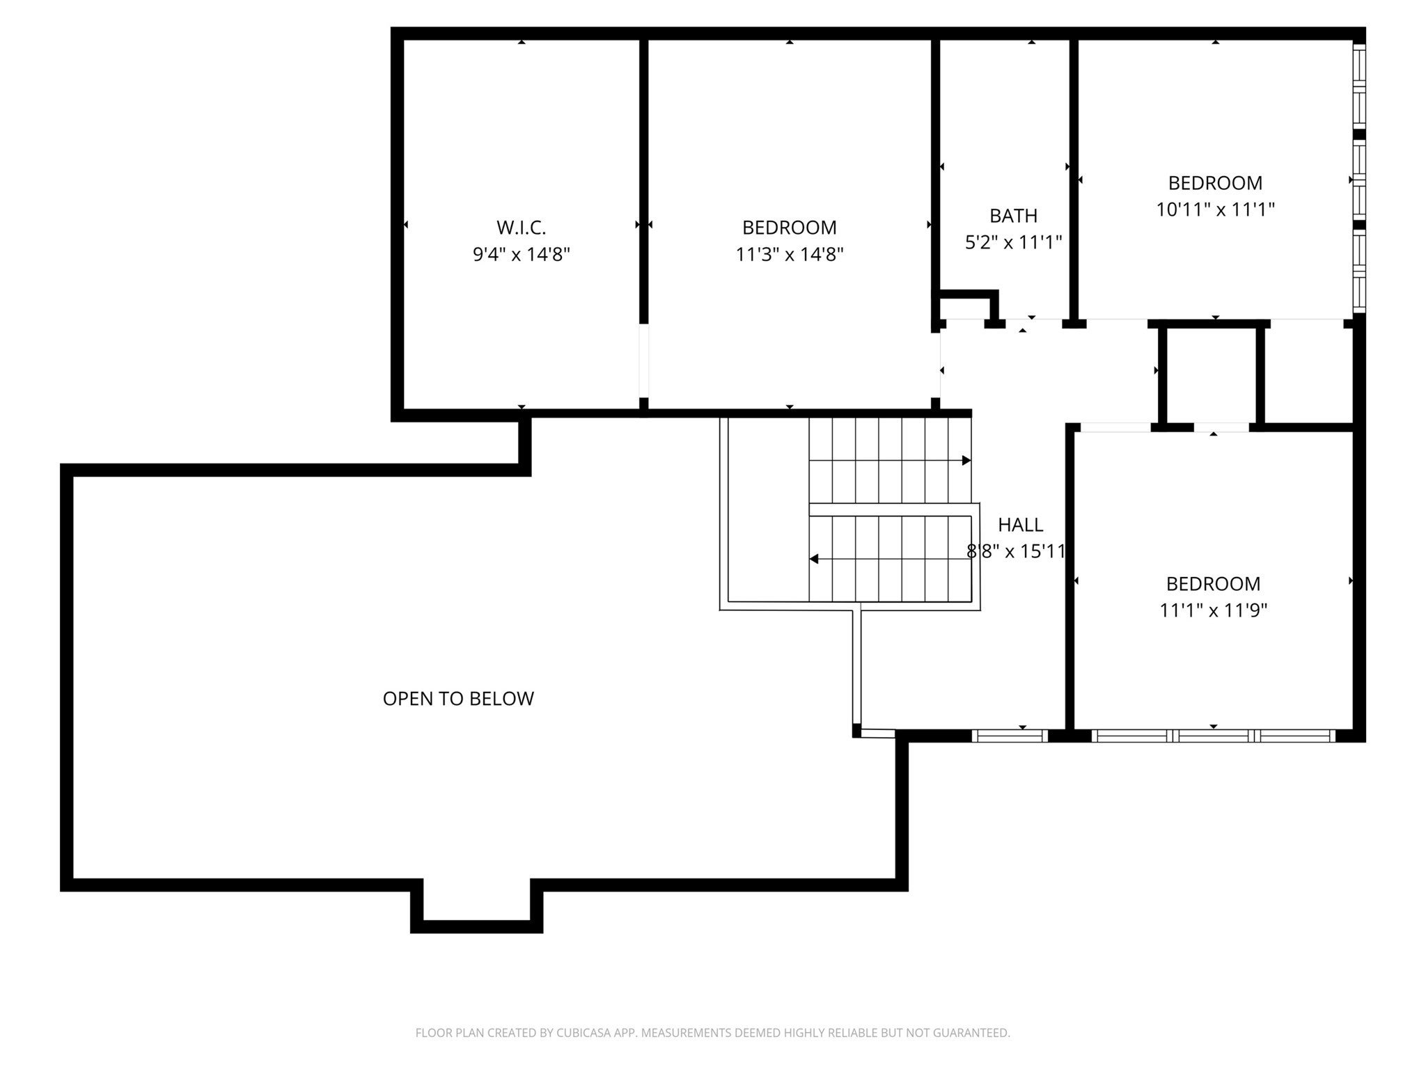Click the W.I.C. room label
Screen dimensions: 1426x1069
click(521, 228)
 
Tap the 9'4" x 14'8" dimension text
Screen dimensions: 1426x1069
click(521, 255)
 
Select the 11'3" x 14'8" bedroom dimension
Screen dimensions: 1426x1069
click(790, 255)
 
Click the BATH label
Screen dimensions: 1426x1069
click(1013, 216)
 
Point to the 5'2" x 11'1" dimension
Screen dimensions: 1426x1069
click(1013, 242)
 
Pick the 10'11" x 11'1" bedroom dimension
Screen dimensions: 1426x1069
click(1215, 209)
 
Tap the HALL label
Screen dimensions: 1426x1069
click(1020, 525)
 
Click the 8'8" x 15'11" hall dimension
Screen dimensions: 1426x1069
click(1017, 552)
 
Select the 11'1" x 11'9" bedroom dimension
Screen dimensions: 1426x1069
click(1213, 610)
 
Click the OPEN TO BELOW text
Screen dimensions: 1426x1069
click(458, 699)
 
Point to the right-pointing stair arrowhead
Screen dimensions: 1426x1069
click(966, 461)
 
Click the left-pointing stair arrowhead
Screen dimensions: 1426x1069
click(813, 559)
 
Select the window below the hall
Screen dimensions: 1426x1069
click(1010, 736)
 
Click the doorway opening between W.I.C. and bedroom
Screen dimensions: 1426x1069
click(644, 361)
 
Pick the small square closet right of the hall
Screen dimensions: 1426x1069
click(1211, 375)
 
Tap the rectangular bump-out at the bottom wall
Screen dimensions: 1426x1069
click(476, 908)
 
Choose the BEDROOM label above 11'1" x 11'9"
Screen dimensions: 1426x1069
click(1213, 584)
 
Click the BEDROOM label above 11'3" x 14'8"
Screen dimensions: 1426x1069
click(790, 228)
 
